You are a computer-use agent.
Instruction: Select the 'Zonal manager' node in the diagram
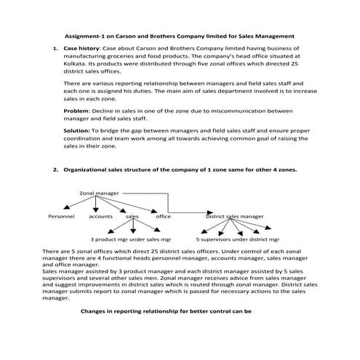coord(99,193)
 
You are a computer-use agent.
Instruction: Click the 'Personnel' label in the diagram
coord(61,216)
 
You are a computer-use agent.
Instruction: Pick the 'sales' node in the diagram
coord(132,216)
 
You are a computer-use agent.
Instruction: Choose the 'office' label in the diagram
coord(163,216)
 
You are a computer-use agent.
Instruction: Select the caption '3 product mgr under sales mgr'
coord(131,239)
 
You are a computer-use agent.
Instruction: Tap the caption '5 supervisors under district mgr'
coord(237,239)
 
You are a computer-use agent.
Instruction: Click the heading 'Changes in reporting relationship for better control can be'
coord(166,310)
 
